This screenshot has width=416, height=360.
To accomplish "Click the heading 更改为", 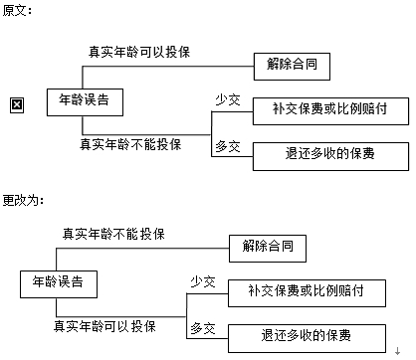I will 22,200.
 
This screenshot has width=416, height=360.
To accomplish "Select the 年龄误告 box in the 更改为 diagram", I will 58,282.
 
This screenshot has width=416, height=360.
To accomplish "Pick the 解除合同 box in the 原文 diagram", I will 291,66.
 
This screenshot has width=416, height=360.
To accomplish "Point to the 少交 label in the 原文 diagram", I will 228,99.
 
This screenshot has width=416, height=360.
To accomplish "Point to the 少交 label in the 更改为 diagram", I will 203,281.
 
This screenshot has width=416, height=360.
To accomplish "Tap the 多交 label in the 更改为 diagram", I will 203,327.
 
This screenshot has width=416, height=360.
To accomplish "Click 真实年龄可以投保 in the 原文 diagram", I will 139,50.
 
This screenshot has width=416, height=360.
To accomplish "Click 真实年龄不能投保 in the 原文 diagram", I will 130,143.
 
